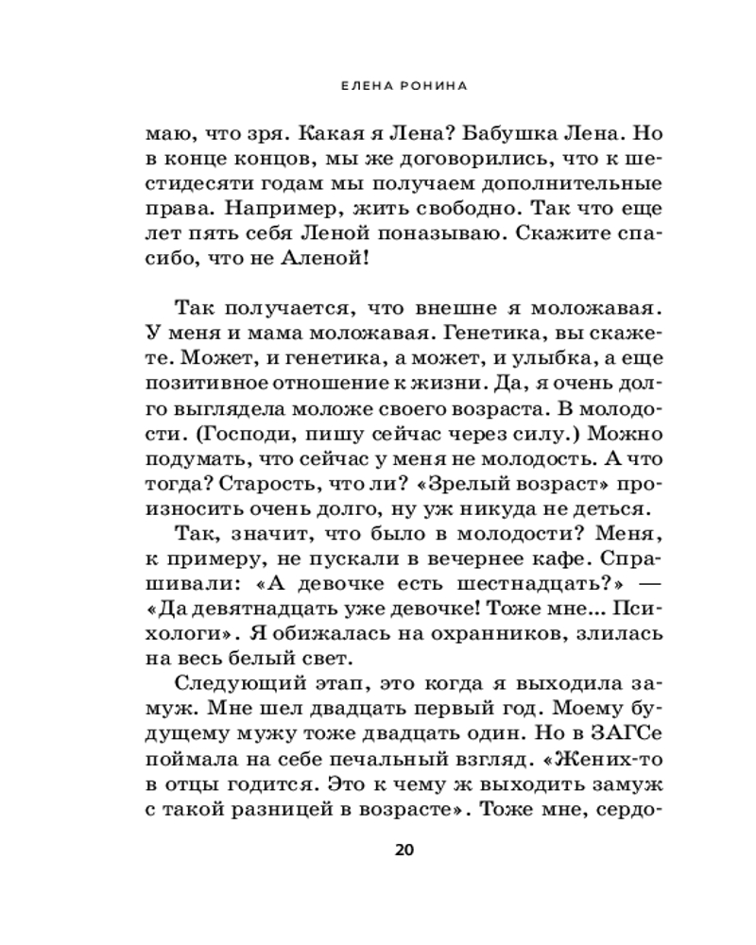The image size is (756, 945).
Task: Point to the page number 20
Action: coord(404,850)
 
